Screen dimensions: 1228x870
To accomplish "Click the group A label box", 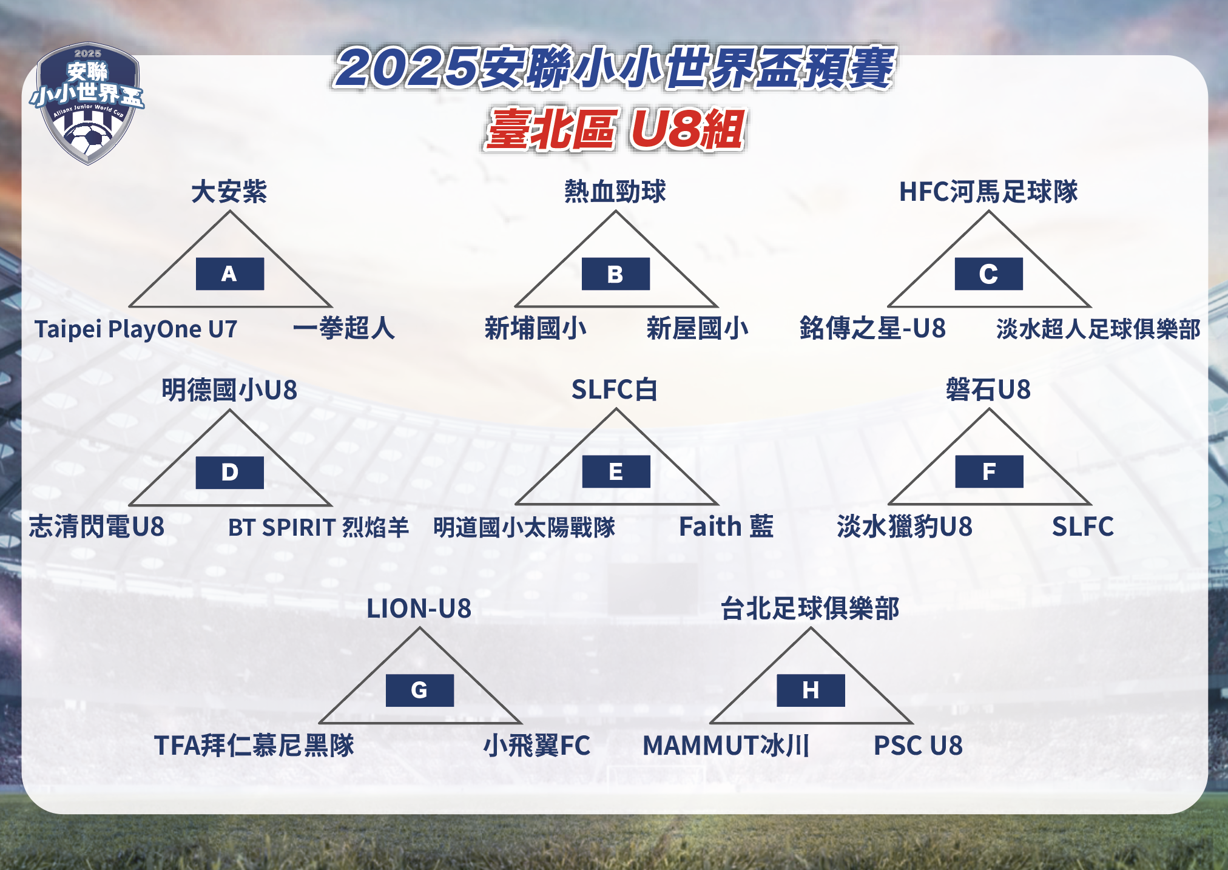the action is pyautogui.click(x=229, y=274).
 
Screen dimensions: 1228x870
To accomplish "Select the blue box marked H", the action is pyautogui.click(x=811, y=690).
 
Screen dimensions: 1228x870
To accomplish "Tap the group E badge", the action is pyautogui.click(x=616, y=471).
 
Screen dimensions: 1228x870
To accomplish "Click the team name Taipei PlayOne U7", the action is pyautogui.click(x=136, y=329).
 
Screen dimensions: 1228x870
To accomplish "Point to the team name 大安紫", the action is pyautogui.click(x=229, y=191).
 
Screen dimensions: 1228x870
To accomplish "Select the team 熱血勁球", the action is pyautogui.click(x=615, y=191).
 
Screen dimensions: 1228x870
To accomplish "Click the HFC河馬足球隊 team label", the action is pyautogui.click(x=988, y=191).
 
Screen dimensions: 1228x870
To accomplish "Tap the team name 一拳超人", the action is pyautogui.click(x=344, y=328).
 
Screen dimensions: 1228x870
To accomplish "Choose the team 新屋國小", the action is pyautogui.click(x=698, y=328).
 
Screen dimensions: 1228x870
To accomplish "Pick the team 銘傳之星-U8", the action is pyautogui.click(x=872, y=328).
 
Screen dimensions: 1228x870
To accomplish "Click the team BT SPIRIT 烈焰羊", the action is pyautogui.click(x=319, y=527).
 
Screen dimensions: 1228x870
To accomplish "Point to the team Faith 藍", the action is pyautogui.click(x=726, y=527).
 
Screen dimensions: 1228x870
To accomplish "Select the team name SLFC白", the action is pyautogui.click(x=615, y=389).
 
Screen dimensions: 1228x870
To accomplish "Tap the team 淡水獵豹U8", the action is pyautogui.click(x=905, y=527).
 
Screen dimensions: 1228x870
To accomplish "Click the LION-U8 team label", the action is pyautogui.click(x=419, y=609).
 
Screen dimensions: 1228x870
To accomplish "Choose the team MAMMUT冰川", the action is pyautogui.click(x=726, y=746).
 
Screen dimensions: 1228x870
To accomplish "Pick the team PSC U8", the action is pyautogui.click(x=918, y=746).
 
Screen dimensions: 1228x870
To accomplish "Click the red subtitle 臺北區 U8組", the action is pyautogui.click(x=615, y=129).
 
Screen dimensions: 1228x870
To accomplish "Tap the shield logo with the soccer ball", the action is pyautogui.click(x=87, y=103).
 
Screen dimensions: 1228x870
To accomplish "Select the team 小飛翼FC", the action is pyautogui.click(x=537, y=746).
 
